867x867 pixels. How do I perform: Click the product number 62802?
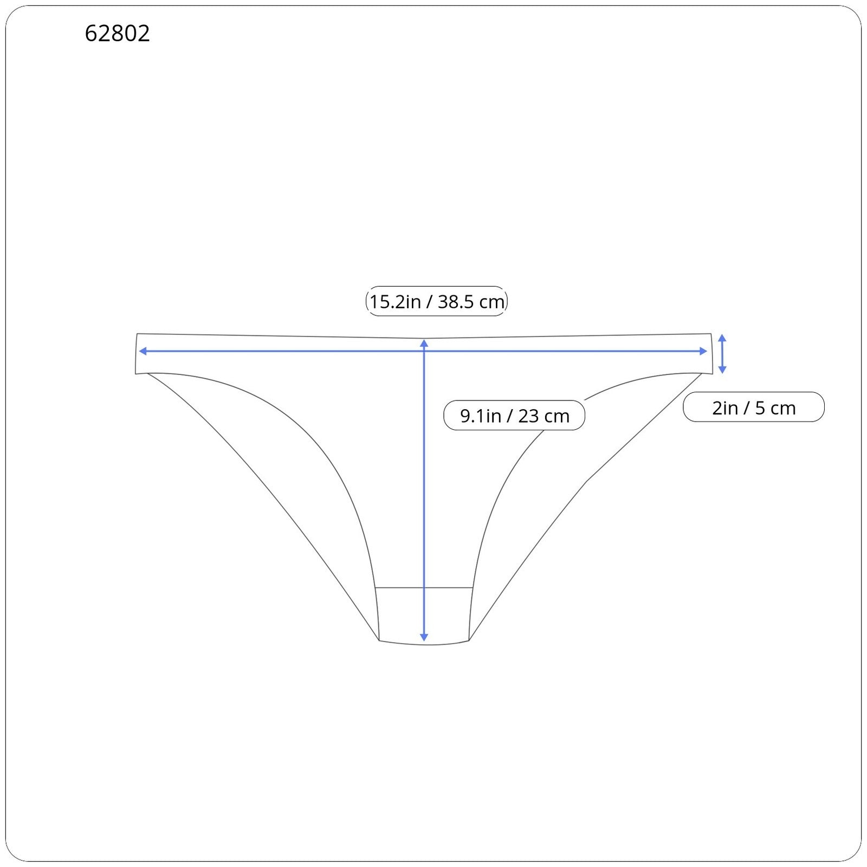tap(117, 34)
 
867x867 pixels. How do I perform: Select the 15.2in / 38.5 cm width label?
tap(437, 301)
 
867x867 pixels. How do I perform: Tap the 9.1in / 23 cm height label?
tap(514, 416)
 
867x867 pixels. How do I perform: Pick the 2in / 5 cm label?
tap(754, 407)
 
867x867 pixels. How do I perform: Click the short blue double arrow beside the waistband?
tap(722, 354)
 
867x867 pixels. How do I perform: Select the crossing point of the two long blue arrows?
tap(424, 351)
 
